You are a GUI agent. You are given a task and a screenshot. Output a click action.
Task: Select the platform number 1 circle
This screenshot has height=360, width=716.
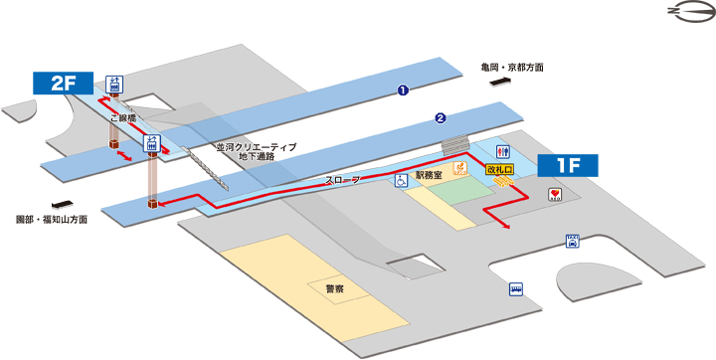point(403,91)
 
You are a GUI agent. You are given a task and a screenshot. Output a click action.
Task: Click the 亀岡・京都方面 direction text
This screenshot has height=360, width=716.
point(511,69)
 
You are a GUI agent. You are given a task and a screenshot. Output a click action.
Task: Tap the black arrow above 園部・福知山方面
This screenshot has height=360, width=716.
point(46,202)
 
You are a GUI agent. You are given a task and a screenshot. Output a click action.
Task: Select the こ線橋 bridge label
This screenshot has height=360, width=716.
point(123,116)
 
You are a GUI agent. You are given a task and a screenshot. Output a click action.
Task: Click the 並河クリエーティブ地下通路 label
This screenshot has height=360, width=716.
point(257,152)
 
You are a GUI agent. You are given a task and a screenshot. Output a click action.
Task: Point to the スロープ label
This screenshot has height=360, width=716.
point(342,180)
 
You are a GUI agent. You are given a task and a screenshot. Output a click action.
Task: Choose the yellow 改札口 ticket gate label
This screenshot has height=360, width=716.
point(498,170)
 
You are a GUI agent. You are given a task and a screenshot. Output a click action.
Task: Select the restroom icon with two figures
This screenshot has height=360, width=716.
point(505,153)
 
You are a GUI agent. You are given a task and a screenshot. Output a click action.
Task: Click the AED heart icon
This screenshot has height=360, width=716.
point(555,196)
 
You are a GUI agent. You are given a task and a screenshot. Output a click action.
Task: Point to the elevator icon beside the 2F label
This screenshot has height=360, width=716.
point(116,84)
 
